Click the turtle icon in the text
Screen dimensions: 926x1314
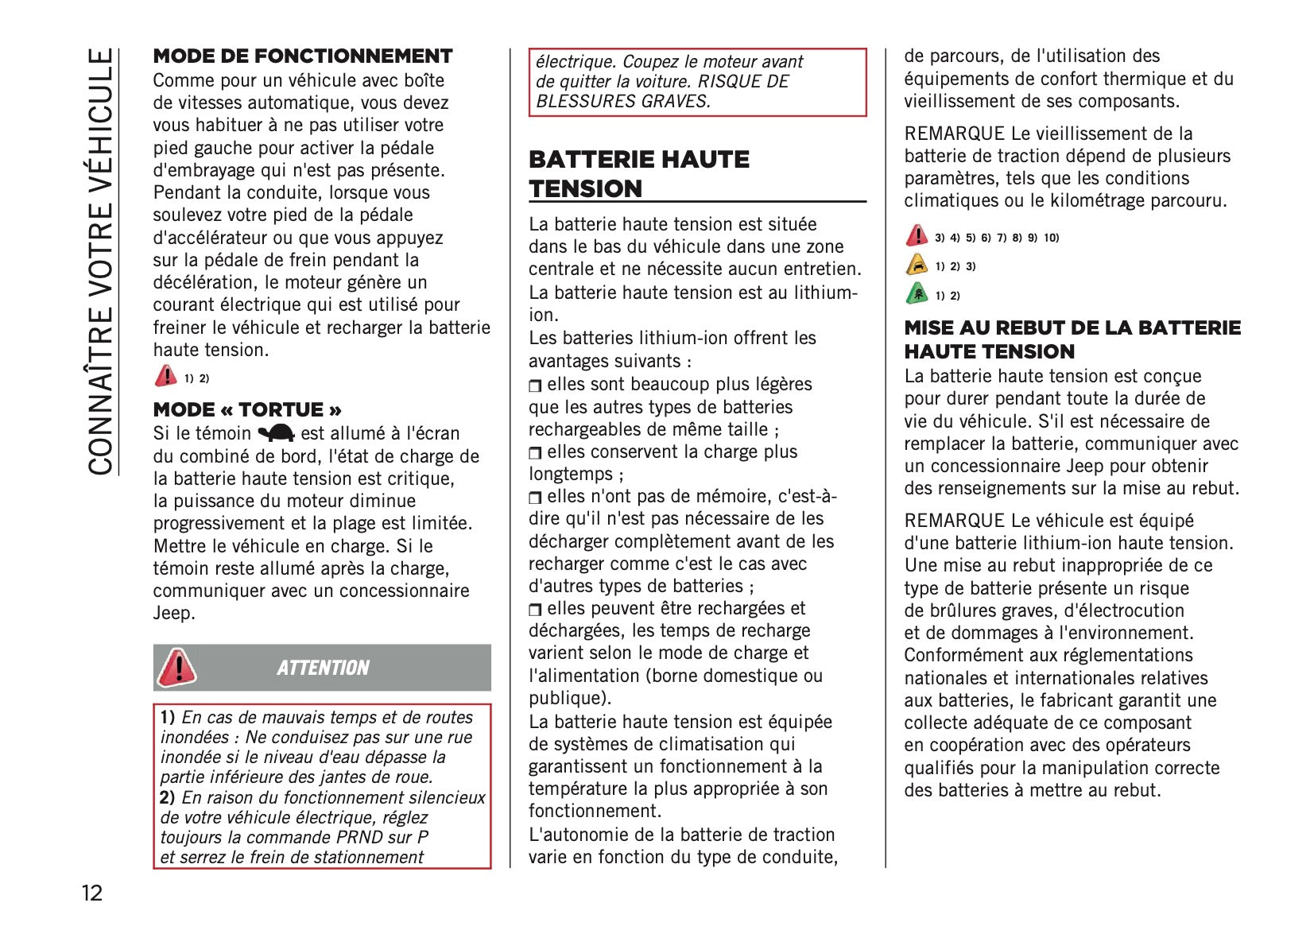click(x=276, y=433)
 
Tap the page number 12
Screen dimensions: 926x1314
click(x=92, y=893)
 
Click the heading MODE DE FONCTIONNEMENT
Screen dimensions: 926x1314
click(x=303, y=56)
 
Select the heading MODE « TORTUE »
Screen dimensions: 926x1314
click(x=247, y=410)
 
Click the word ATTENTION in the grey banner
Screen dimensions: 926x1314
click(x=323, y=668)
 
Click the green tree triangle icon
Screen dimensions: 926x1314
click(x=917, y=294)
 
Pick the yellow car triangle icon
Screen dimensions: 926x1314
click(x=917, y=265)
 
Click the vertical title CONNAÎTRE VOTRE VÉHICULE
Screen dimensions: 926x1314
click(x=102, y=262)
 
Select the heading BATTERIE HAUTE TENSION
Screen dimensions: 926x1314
click(x=639, y=174)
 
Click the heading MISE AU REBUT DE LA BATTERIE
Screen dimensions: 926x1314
click(x=1072, y=328)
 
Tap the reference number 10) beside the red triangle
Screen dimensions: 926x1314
click(x=1051, y=238)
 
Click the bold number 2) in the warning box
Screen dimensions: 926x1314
click(x=168, y=797)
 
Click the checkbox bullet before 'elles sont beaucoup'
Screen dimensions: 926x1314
click(x=535, y=386)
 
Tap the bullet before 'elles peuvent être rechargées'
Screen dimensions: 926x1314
click(x=535, y=610)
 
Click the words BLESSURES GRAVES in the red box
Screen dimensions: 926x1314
click(x=622, y=101)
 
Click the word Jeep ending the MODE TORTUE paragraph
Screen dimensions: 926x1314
click(x=173, y=614)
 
